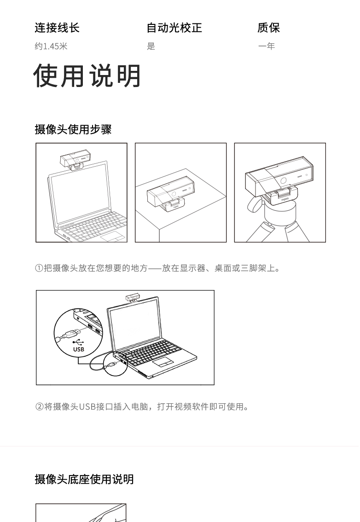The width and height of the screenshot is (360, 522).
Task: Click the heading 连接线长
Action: [57, 28]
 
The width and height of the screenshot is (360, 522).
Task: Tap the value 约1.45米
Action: [51, 46]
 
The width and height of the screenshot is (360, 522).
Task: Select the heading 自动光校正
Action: [174, 28]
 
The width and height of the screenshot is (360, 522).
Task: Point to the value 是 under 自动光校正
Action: [151, 46]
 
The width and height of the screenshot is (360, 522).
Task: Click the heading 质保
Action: [268, 28]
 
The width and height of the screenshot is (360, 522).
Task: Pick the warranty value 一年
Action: [267, 46]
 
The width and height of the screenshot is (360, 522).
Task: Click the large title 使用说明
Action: [87, 75]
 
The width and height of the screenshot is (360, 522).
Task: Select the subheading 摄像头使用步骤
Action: [73, 129]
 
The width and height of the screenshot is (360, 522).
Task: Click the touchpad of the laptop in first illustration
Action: [113, 236]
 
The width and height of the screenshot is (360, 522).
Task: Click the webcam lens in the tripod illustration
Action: [284, 181]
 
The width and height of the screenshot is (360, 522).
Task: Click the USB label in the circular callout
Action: [79, 349]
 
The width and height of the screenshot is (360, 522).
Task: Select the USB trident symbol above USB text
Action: [78, 342]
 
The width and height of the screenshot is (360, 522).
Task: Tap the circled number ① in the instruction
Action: [39, 268]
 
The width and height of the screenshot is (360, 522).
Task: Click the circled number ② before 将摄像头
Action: [39, 406]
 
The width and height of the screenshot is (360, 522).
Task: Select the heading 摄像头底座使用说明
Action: [84, 479]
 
